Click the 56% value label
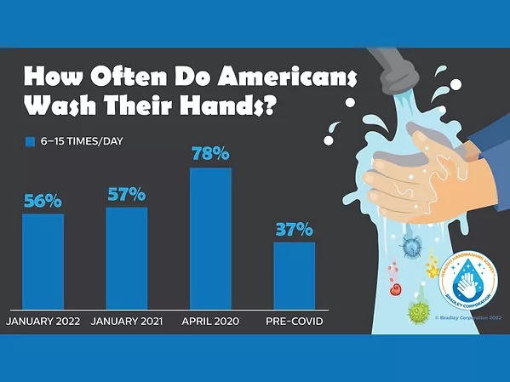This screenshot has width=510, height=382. point(43,202)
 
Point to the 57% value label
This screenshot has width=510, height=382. point(126,195)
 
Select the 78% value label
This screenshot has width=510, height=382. point(209,155)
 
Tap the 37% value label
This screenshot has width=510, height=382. point(294,230)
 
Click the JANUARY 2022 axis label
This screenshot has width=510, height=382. point(44,322)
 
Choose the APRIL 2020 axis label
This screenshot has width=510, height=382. point(209,322)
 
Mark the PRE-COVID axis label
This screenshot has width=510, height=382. point(293,322)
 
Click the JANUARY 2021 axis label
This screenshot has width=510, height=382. point(127,322)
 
